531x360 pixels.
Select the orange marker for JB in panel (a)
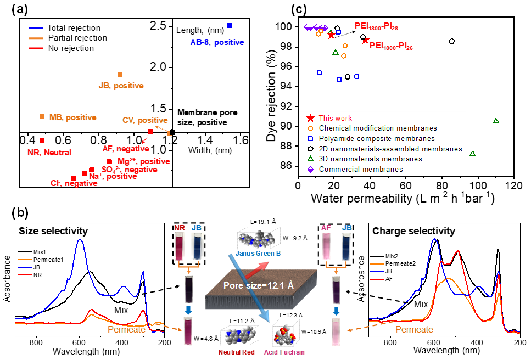click(x=120, y=75)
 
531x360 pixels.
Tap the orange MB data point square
click(x=42, y=116)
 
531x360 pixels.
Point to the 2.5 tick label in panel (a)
click(x=159, y=25)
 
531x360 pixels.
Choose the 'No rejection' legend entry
click(x=71, y=48)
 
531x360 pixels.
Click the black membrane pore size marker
click(x=172, y=132)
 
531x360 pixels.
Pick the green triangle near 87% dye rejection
click(x=472, y=154)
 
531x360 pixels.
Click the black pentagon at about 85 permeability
click(x=451, y=41)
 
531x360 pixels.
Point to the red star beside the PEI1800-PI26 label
click(x=365, y=40)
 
